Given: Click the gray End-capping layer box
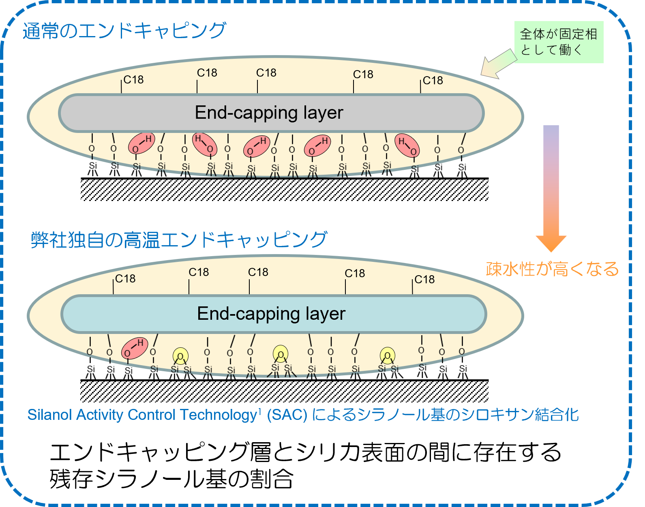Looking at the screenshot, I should pos(271,113).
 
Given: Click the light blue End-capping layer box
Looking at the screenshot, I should pos(273,314).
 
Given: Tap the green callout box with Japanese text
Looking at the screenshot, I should pos(559,42).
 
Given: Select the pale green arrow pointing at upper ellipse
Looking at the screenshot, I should pos(498,64).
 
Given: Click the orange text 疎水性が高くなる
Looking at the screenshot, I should pos(552,269).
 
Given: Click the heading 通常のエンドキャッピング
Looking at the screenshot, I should pos(124,31).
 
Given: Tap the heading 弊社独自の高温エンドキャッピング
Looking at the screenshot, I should pos(179,240).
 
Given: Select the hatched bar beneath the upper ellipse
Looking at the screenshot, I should pos(284,190).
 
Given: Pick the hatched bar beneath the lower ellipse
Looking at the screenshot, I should pos(284,391).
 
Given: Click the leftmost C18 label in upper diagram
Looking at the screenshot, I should pos(133,80).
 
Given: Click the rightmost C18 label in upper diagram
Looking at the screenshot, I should pos(433,81).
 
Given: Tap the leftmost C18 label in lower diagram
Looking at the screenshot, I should pos(125,279).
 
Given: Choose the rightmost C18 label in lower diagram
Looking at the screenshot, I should pos(424,280).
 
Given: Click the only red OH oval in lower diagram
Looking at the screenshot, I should pos(135,348).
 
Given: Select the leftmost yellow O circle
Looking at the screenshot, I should pos(180,356).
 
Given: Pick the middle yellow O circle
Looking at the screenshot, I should pos(280,354).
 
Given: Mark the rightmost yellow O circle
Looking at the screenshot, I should pos(388,355).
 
